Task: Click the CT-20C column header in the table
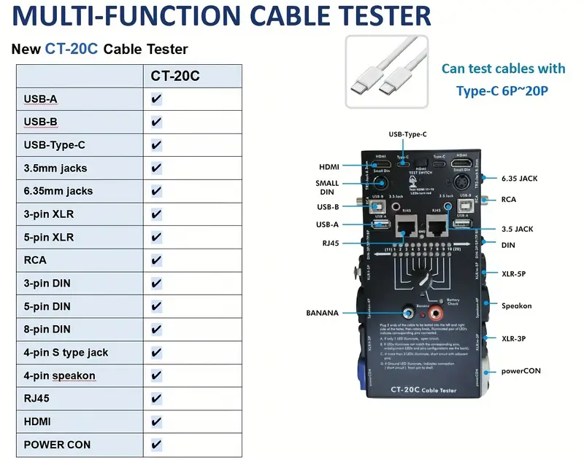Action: [x=175, y=76]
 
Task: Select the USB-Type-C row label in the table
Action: [x=55, y=145]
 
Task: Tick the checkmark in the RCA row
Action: [x=156, y=260]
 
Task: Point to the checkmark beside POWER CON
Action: [x=156, y=445]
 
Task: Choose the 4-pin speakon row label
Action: [x=60, y=376]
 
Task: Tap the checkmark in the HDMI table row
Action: [x=156, y=421]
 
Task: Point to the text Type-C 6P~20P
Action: [x=503, y=90]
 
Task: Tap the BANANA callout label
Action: [x=321, y=313]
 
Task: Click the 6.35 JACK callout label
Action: [x=520, y=177]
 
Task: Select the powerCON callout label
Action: [x=520, y=370]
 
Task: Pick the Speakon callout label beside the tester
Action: [x=517, y=305]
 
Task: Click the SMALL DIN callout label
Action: [x=327, y=187]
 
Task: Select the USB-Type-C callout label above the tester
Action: [x=407, y=134]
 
